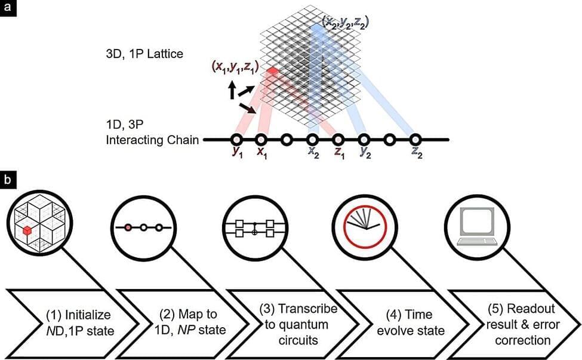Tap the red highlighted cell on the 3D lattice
[x=272, y=72]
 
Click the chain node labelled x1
[x=261, y=140]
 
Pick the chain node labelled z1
[x=338, y=140]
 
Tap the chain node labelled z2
[x=415, y=140]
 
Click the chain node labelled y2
[x=364, y=140]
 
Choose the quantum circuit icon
[x=254, y=227]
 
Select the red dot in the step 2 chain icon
[x=128, y=227]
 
